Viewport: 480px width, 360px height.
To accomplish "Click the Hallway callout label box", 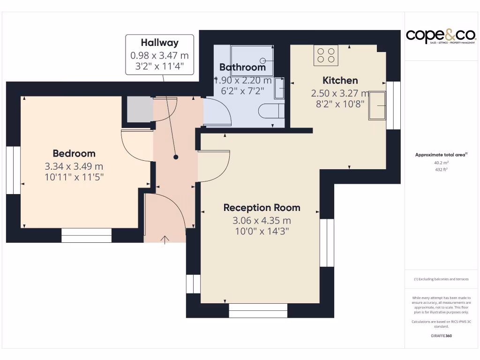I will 159,54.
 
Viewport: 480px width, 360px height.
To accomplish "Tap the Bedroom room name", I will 74,153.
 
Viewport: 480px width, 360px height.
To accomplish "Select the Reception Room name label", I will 262,208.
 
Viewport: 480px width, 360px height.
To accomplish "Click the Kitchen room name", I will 340,80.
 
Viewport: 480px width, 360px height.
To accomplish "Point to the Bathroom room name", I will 242,67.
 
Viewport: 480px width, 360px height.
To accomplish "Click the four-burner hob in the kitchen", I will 326,55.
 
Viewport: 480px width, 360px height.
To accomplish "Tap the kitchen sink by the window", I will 377,106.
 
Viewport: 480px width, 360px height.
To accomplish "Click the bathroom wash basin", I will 279,88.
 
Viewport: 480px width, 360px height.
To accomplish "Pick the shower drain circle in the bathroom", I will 263,60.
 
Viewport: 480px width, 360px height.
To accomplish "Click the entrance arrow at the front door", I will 165,240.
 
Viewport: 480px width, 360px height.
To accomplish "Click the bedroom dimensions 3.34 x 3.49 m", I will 74,166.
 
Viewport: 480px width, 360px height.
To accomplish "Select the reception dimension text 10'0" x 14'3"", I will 262,231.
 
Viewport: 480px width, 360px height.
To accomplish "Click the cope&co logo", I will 441,36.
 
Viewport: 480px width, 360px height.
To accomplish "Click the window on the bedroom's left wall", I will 13,170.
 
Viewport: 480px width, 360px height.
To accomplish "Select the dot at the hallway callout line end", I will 176,157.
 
